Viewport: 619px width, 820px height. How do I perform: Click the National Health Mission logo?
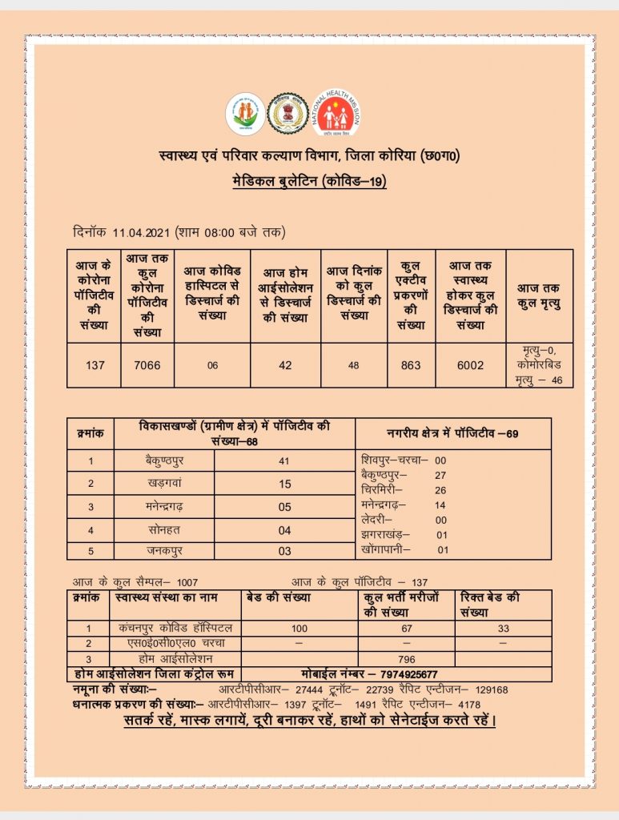coord(337,114)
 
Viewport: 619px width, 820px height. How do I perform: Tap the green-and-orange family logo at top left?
coord(244,114)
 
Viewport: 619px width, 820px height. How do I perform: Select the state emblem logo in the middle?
coord(288,114)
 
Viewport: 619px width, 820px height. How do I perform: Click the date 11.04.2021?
coord(141,232)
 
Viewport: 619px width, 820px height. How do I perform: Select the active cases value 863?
coord(410,365)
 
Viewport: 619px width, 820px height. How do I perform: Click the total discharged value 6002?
coord(470,365)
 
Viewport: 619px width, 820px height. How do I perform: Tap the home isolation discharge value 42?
coord(285,365)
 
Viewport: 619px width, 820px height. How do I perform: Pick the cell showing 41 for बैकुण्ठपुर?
coord(285,460)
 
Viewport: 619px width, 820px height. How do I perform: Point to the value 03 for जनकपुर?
coord(285,551)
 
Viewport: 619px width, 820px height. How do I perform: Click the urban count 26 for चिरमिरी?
coord(440,490)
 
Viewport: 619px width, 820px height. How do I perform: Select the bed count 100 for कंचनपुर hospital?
coord(299,629)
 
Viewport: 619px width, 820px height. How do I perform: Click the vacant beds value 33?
coord(503,629)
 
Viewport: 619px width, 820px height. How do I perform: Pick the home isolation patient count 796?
coord(406,659)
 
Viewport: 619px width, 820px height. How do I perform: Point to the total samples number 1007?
coord(187,583)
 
